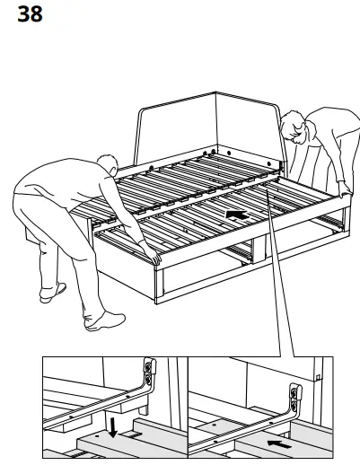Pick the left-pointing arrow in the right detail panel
(279, 441)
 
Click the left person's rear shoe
(51, 293)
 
